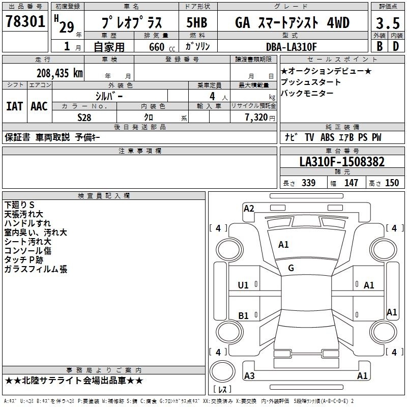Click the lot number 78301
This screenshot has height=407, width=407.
(25, 21)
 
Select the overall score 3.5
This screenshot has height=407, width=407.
(388, 23)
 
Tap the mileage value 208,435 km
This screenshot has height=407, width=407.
(60, 73)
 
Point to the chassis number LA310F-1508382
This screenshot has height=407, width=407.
(342, 162)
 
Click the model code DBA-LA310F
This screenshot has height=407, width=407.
(291, 47)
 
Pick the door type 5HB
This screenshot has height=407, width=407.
(197, 22)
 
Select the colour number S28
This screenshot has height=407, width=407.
(84, 118)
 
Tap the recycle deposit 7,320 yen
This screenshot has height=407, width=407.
(260, 118)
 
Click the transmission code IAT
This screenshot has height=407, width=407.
(15, 106)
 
